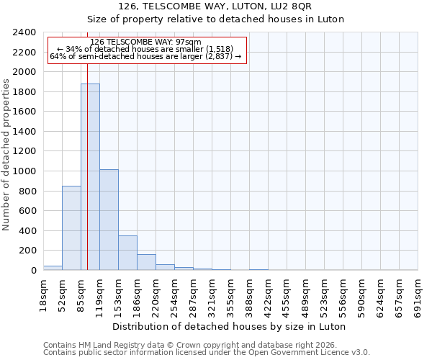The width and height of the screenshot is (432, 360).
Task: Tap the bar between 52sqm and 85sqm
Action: click(x=71, y=228)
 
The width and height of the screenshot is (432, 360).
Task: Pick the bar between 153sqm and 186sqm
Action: click(x=127, y=253)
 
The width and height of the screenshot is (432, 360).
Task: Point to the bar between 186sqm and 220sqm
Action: click(x=146, y=262)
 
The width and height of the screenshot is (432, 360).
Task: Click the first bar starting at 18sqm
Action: click(x=53, y=268)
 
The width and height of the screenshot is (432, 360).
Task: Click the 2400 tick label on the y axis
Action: click(x=25, y=32)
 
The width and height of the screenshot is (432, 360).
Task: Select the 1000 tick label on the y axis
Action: click(x=25, y=171)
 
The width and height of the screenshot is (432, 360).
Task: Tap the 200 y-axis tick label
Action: click(x=28, y=251)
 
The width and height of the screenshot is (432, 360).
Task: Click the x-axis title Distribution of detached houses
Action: click(x=230, y=326)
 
